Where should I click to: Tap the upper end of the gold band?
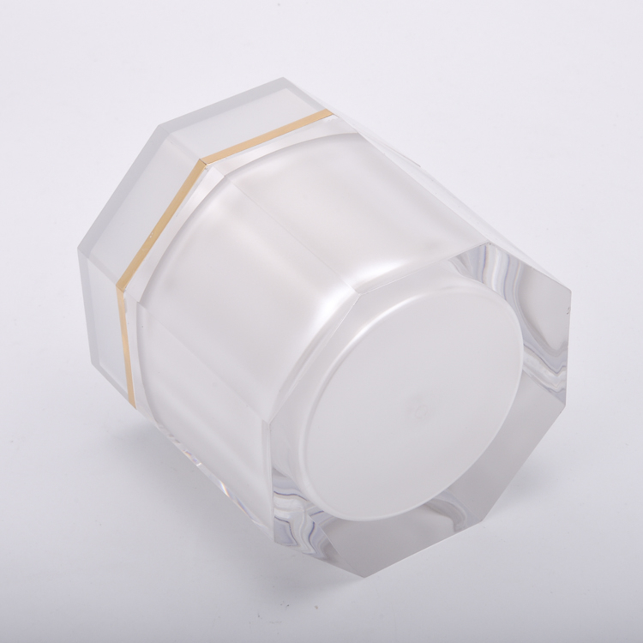tap(331, 112)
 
